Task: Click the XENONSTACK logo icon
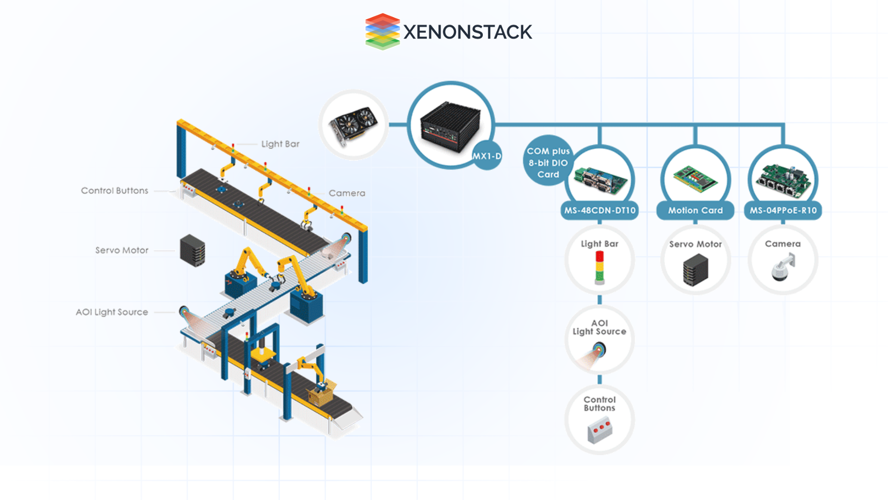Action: tap(382, 31)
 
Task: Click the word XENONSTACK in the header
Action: tap(468, 32)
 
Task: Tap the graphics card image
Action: tap(353, 125)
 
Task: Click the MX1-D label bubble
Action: tap(487, 156)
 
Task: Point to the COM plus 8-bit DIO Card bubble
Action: tap(548, 162)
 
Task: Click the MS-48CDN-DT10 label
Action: tap(599, 210)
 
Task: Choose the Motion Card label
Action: tap(695, 210)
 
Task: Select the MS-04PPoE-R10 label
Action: tap(783, 210)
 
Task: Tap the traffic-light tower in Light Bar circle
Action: tap(599, 267)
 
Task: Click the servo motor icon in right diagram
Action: tap(695, 270)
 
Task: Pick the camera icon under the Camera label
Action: tap(783, 267)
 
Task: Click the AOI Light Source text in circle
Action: tap(599, 327)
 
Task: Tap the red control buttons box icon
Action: tap(600, 430)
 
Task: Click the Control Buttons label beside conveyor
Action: tap(115, 191)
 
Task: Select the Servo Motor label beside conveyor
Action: tap(122, 250)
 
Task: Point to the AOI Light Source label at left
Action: tap(112, 312)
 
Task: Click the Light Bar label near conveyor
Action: tap(280, 144)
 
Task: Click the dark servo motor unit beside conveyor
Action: tap(192, 250)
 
